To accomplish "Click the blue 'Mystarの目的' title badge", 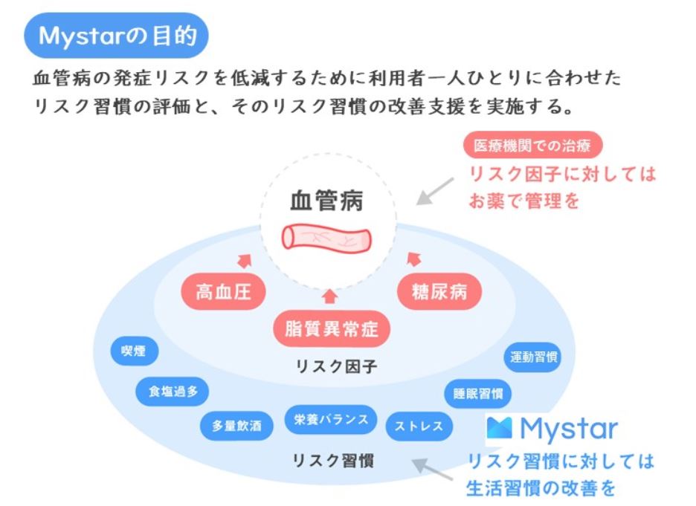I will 116,35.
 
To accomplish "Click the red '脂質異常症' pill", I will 332,328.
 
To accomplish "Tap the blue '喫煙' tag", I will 134,352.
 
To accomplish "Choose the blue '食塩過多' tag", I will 173,392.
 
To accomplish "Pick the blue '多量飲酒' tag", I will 236,426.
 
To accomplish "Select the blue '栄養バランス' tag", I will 332,419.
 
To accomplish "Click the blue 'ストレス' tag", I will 419,426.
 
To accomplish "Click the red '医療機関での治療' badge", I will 532,146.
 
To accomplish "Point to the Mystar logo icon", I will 500,428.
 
